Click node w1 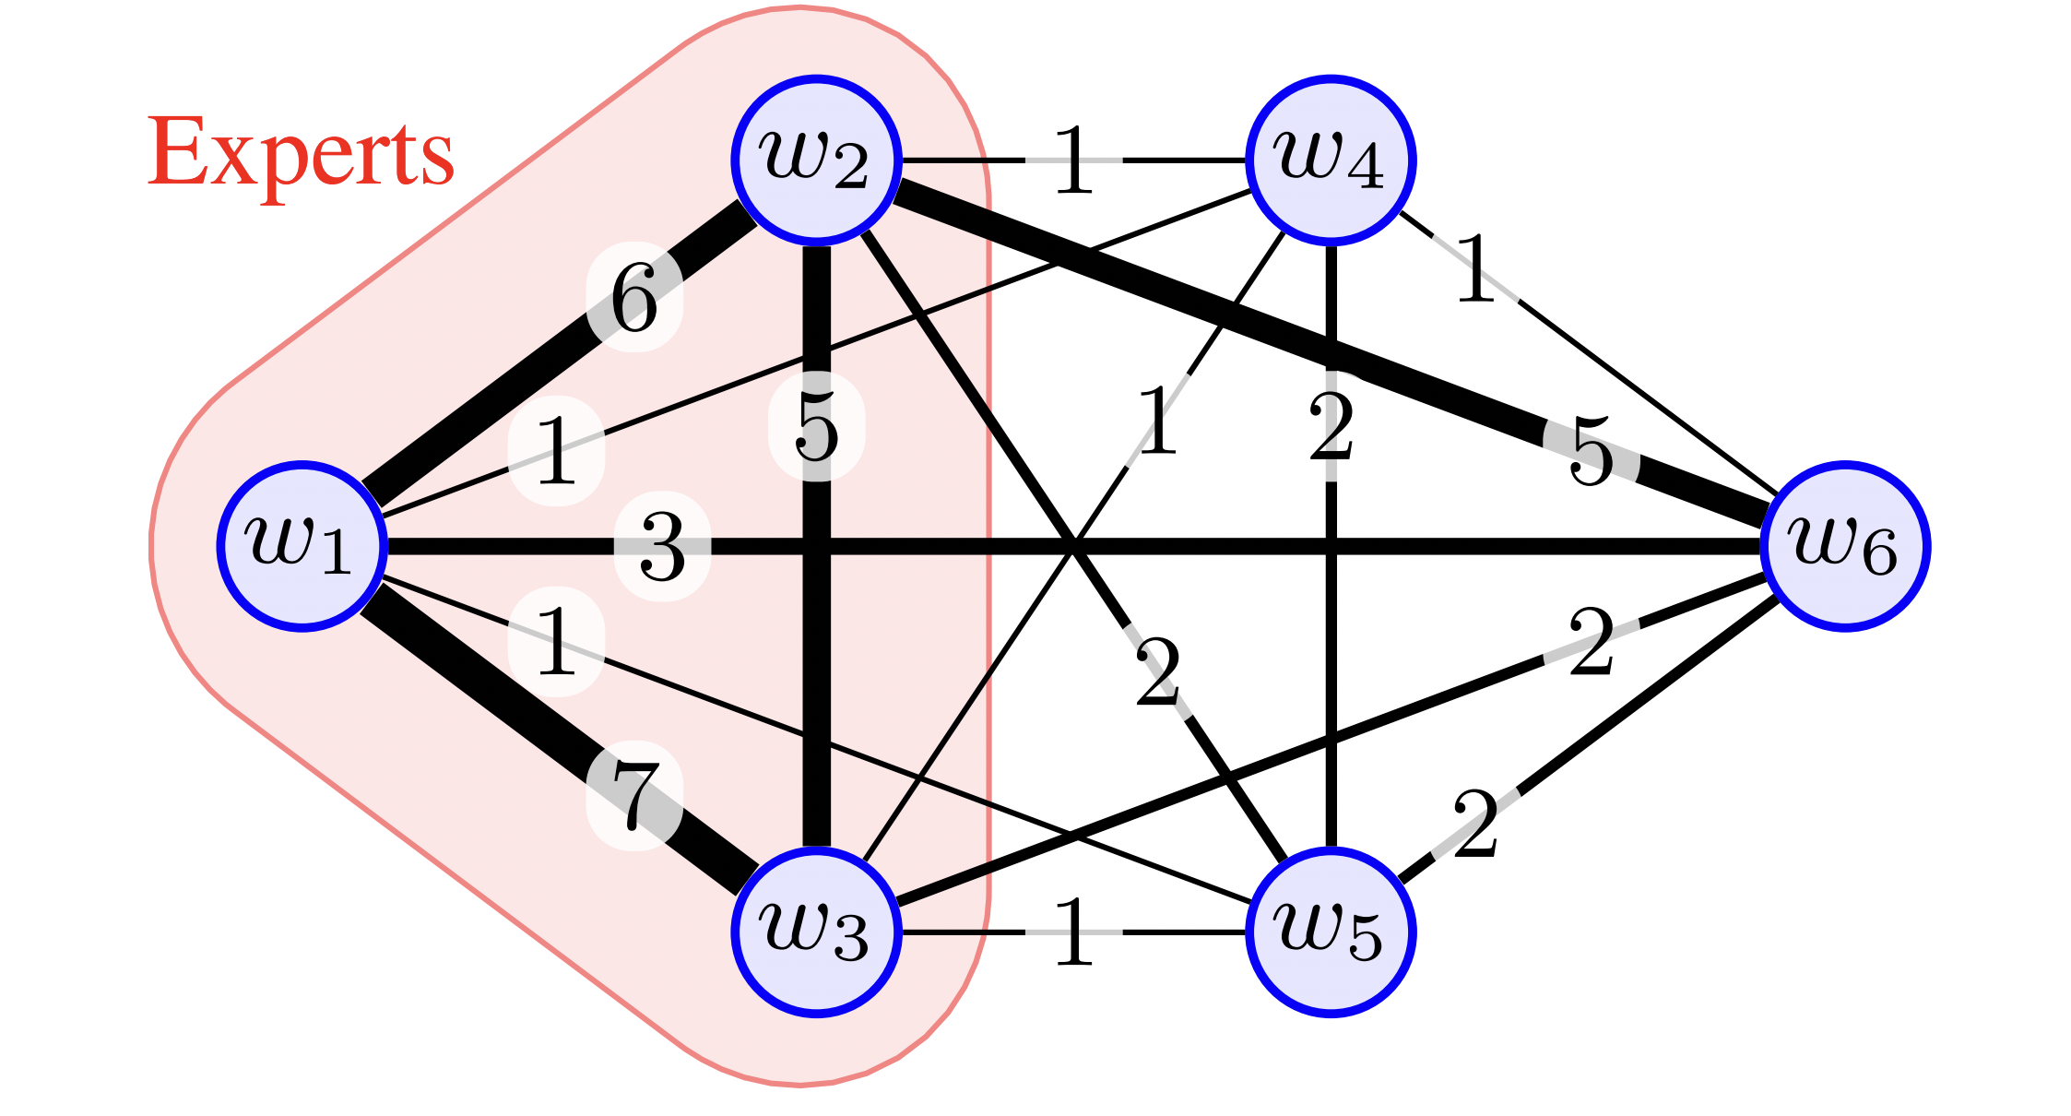(x=302, y=546)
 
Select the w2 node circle (x=816, y=160)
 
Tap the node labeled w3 (x=816, y=932)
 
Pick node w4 (x=1330, y=160)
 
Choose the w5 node (x=1330, y=932)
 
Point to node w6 (x=1844, y=546)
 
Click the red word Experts (x=301, y=152)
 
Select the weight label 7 (x=634, y=795)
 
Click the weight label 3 (x=662, y=547)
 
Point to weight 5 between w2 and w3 (x=816, y=426)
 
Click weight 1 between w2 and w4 (x=1073, y=160)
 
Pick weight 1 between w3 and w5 (x=1073, y=932)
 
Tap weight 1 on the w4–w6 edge (x=1475, y=268)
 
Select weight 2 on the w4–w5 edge (x=1331, y=426)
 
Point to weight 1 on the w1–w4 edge (x=556, y=450)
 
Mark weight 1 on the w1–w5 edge (x=556, y=641)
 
